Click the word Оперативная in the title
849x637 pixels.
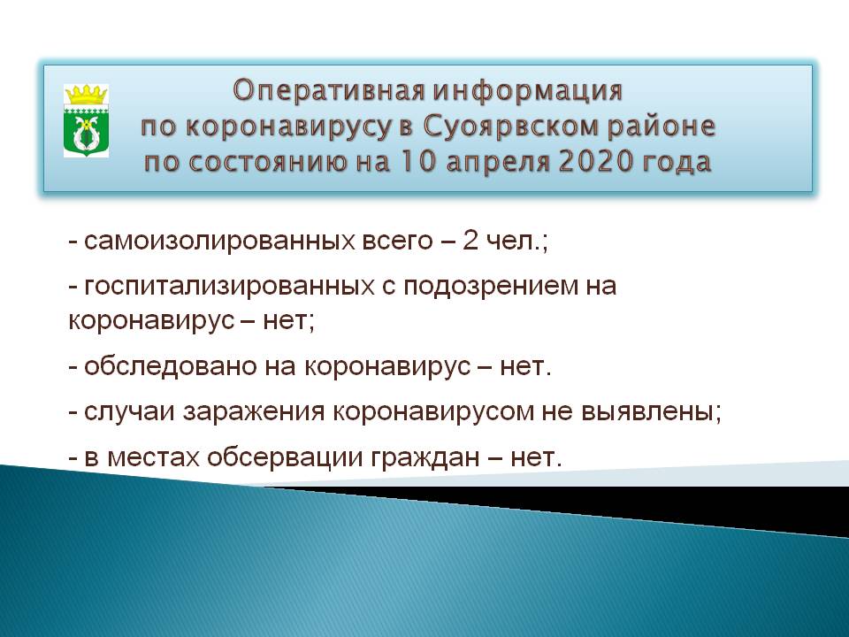coord(328,91)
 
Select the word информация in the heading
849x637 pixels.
coord(528,91)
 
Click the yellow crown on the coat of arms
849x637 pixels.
coord(86,95)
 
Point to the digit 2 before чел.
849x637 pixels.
coord(470,241)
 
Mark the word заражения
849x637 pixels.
coord(254,413)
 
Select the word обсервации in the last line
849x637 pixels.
coord(286,458)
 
